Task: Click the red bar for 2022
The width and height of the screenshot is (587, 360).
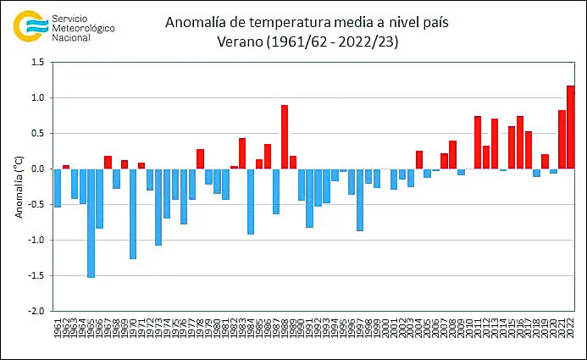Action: click(x=570, y=127)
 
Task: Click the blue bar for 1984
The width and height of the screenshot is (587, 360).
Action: click(x=251, y=201)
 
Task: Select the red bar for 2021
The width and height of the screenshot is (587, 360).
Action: click(x=562, y=140)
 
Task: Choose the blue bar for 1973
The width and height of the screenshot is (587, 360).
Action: click(x=158, y=207)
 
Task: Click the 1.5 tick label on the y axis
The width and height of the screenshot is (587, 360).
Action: click(x=37, y=63)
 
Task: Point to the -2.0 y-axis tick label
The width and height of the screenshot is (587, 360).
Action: click(x=36, y=312)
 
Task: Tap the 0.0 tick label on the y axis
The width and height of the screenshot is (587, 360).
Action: click(x=37, y=169)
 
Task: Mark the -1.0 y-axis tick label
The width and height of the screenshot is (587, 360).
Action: click(x=36, y=241)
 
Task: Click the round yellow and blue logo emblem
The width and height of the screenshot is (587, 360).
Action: click(x=30, y=25)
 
